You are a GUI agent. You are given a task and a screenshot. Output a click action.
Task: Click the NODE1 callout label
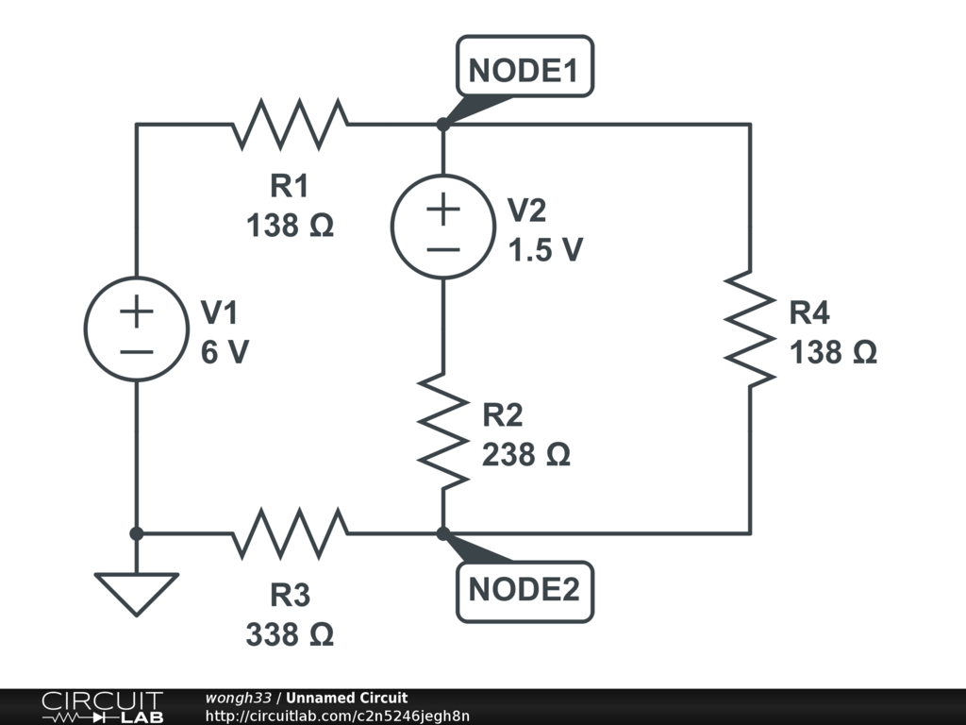[x=525, y=67]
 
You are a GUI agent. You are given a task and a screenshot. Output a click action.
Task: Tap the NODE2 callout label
[x=525, y=591]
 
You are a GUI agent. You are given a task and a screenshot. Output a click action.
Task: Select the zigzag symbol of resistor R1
[x=291, y=124]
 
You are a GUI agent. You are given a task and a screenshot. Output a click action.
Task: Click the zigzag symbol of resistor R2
[x=443, y=430]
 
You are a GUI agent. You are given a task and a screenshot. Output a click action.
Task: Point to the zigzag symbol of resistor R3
[x=291, y=533]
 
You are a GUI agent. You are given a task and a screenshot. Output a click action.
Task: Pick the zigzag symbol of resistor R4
[x=750, y=329]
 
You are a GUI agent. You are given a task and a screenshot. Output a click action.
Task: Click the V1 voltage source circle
[x=137, y=329]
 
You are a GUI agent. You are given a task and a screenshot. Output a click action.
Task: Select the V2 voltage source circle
[x=443, y=227]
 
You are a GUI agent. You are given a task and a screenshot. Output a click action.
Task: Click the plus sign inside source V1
[x=137, y=312]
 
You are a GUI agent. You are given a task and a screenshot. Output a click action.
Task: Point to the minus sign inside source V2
[x=443, y=249]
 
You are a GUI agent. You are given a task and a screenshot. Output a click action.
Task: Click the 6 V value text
[x=225, y=352]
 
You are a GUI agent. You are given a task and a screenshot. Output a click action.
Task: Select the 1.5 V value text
[x=545, y=249]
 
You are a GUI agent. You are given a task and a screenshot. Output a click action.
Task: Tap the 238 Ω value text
[x=526, y=455]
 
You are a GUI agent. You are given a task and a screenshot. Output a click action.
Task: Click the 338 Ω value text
[x=290, y=634]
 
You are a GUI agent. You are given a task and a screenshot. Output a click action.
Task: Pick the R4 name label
[x=809, y=312]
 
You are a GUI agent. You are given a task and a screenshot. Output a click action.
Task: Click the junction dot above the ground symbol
[x=137, y=533]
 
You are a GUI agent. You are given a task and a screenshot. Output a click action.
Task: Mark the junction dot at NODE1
[x=443, y=124]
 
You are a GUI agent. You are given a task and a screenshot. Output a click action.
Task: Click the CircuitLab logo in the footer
[x=102, y=707]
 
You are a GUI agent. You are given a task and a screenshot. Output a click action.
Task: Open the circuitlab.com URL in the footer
[x=338, y=716]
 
